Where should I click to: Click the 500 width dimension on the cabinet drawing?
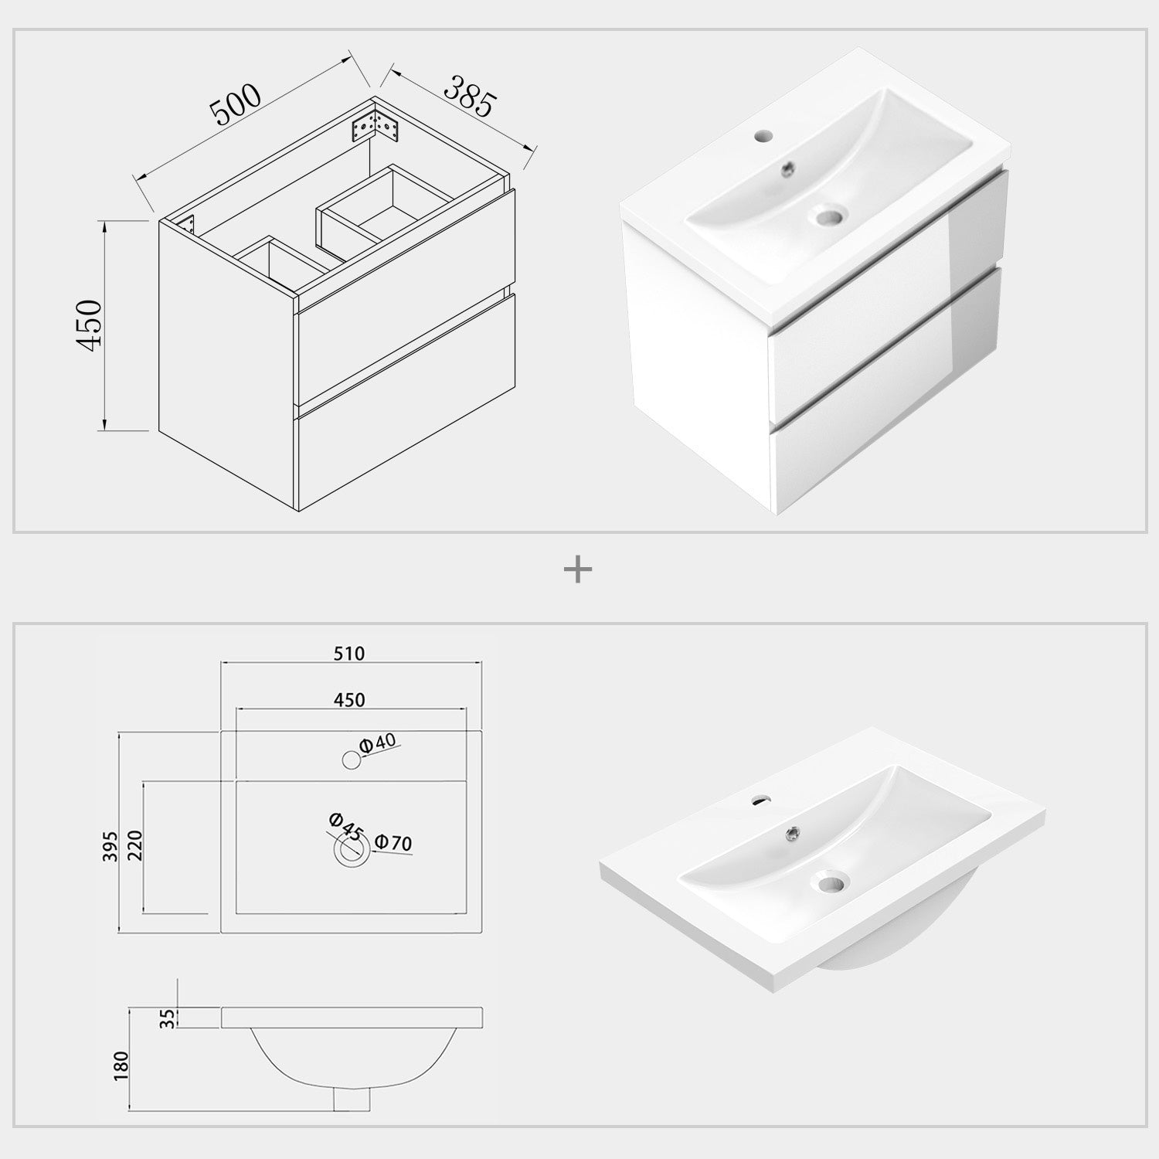pyautogui.click(x=237, y=104)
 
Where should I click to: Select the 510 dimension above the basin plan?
pyautogui.click(x=349, y=654)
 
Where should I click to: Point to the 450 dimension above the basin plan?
pyautogui.click(x=349, y=700)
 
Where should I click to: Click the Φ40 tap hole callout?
pyautogui.click(x=378, y=743)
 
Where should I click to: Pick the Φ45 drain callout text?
pyautogui.click(x=345, y=827)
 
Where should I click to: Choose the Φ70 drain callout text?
pyautogui.click(x=393, y=842)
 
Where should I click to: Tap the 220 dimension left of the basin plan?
pyautogui.click(x=134, y=846)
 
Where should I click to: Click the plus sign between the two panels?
pyautogui.click(x=578, y=571)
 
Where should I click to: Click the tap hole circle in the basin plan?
pyautogui.click(x=352, y=760)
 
